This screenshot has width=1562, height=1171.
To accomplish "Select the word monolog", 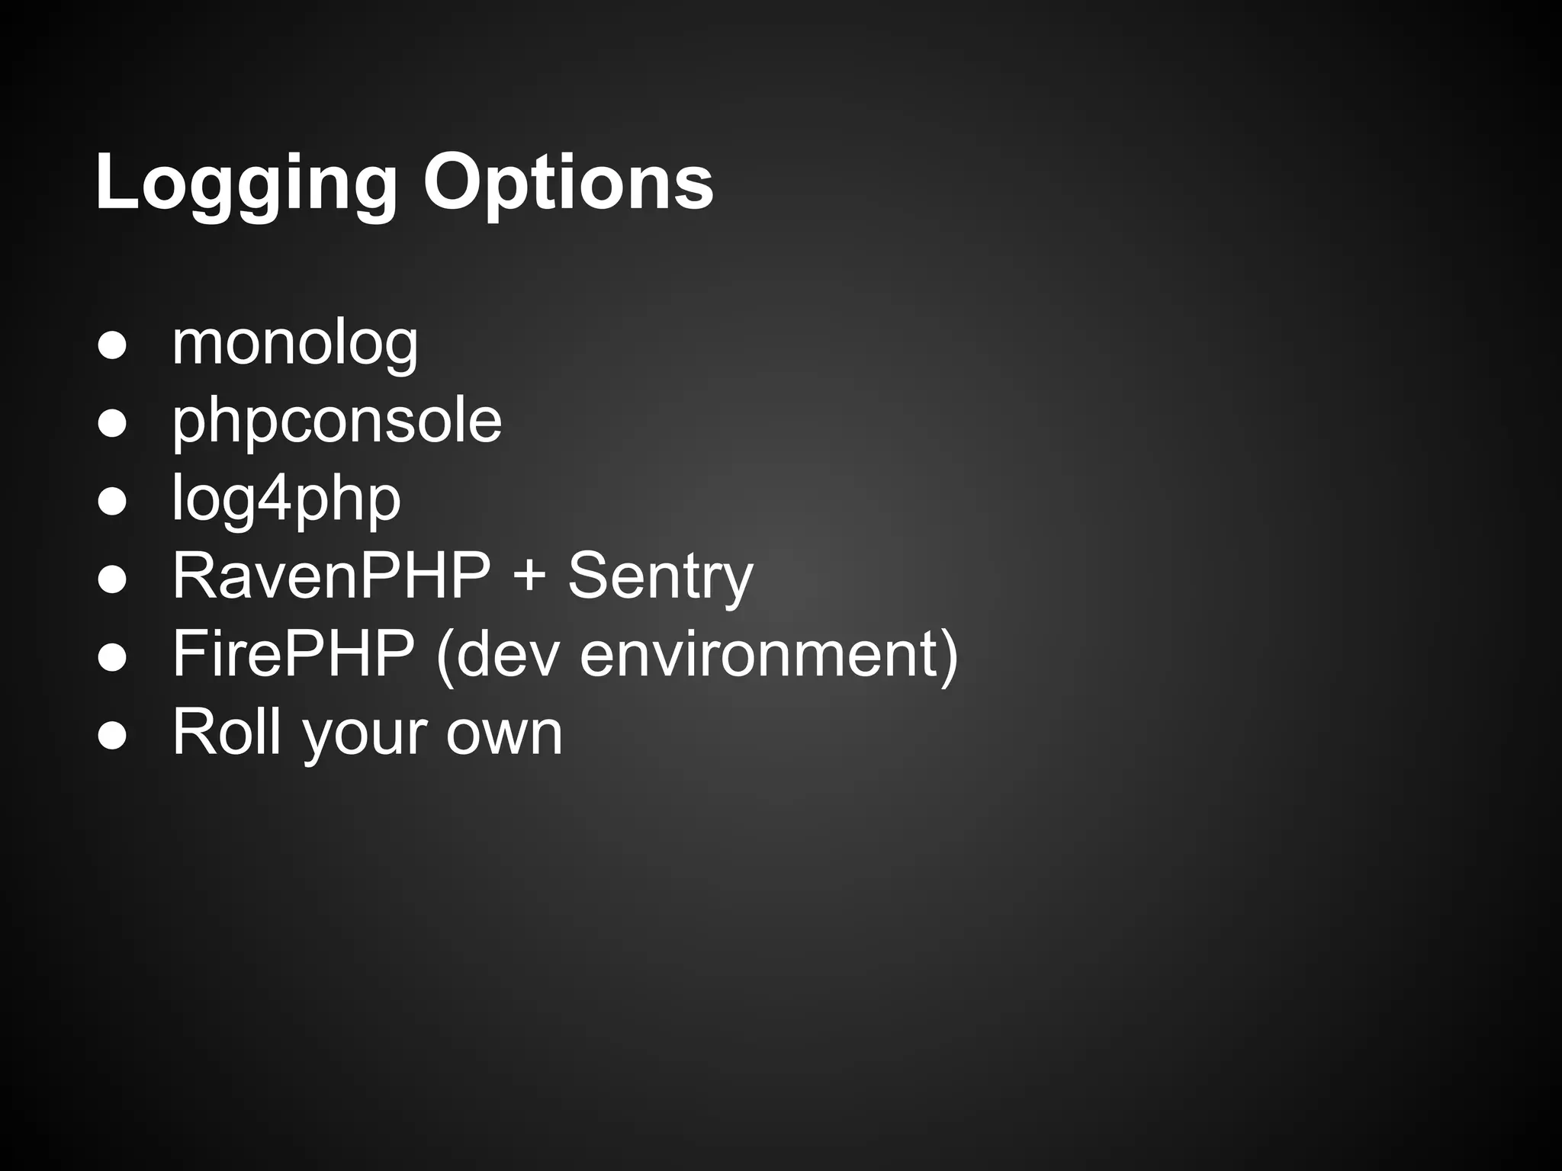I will (x=295, y=344).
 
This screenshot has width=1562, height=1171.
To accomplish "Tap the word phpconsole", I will (x=336, y=422).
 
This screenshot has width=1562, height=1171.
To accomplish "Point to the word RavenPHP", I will (x=331, y=576).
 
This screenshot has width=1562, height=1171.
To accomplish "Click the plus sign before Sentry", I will (x=529, y=578).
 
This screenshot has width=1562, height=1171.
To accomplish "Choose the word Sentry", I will (x=660, y=578).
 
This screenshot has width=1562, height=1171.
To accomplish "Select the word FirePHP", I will (x=294, y=654).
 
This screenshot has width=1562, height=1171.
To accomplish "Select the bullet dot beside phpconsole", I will (x=112, y=424).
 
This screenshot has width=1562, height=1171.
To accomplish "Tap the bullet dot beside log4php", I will (x=112, y=502).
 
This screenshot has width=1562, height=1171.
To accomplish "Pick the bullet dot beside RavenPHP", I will (x=112, y=579).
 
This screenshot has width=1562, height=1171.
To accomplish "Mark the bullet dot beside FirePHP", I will (x=112, y=657).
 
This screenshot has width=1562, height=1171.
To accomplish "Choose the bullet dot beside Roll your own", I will (x=112, y=735).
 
